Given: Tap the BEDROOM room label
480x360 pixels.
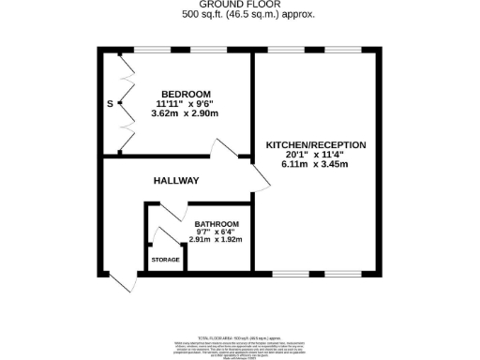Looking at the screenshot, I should [x=185, y=94].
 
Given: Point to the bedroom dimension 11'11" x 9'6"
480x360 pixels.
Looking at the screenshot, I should [x=185, y=104].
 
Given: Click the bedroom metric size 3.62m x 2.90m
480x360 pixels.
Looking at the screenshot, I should [x=185, y=114].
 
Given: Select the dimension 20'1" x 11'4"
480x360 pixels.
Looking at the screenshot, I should [x=315, y=155].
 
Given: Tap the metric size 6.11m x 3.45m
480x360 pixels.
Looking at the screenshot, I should [x=315, y=165].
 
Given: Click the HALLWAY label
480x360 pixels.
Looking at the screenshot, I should [x=176, y=180].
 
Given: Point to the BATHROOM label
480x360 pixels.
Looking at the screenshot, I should [x=217, y=224].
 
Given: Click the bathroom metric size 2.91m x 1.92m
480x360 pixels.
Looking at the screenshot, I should [x=217, y=241].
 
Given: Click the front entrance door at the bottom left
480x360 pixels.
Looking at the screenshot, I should [x=118, y=280].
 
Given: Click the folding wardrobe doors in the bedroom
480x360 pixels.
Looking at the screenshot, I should [x=122, y=103].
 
